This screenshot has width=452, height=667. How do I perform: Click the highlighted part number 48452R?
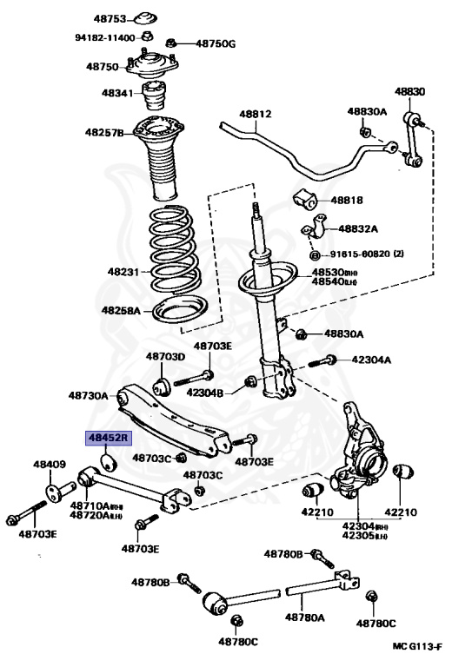click(x=109, y=438)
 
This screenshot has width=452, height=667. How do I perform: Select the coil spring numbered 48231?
click(x=174, y=250)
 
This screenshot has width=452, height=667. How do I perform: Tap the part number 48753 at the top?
click(x=110, y=19)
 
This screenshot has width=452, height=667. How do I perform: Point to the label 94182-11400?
click(x=105, y=38)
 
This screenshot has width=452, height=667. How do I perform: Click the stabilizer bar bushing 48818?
click(x=305, y=199)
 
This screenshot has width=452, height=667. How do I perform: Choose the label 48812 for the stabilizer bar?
click(x=256, y=114)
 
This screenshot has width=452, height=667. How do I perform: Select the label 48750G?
click(x=216, y=43)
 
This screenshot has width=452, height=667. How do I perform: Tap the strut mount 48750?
click(x=152, y=64)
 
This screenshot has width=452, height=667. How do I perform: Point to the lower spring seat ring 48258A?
click(x=180, y=311)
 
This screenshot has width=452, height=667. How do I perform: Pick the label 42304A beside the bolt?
click(x=371, y=360)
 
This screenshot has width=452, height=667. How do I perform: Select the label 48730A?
click(x=88, y=396)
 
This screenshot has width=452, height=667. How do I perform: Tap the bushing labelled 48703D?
click(x=162, y=386)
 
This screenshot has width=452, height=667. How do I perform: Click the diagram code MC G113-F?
click(x=416, y=647)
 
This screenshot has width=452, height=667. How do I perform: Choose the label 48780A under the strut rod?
click(x=305, y=617)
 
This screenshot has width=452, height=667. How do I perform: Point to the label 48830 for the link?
click(x=409, y=91)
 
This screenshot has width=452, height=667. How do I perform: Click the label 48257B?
click(x=104, y=132)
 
